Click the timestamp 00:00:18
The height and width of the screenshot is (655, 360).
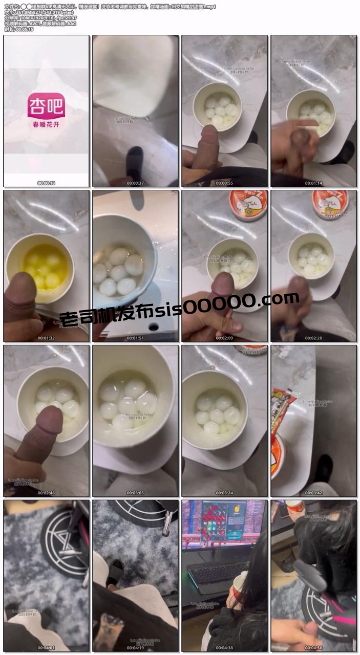(46, 183)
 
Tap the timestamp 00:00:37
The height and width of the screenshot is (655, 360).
(135, 183)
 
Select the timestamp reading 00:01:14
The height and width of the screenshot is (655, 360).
(313, 183)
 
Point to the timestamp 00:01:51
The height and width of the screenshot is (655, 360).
(135, 338)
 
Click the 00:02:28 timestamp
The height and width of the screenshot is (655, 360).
(313, 338)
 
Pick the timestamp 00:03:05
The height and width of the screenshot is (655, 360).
(135, 493)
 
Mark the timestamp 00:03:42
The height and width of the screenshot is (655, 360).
(313, 493)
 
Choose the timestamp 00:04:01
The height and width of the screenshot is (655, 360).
(46, 648)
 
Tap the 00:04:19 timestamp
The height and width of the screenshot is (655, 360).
(135, 648)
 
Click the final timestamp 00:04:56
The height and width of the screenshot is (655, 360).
(313, 648)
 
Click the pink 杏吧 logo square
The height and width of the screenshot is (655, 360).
(46, 106)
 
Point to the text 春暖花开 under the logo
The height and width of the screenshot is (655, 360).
(46, 124)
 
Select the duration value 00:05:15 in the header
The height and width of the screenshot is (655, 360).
(25, 29)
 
